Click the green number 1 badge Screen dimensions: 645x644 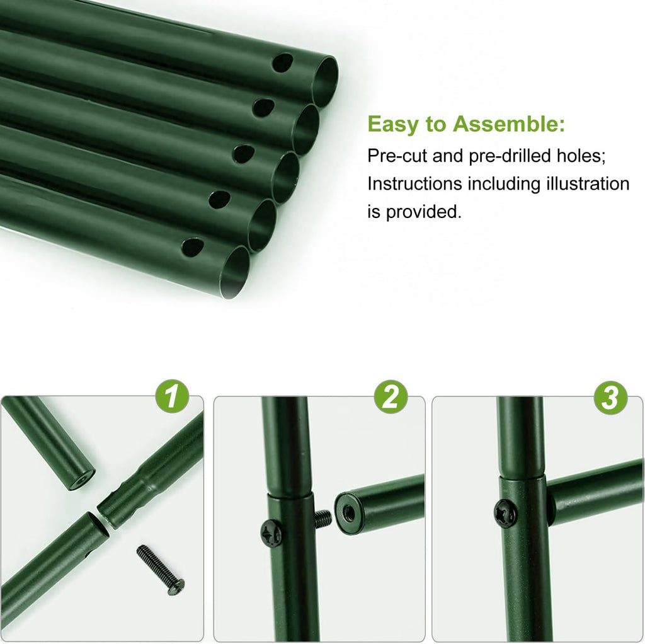[172, 397]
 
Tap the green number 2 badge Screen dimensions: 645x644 [391, 397]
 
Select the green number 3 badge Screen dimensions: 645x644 [610, 398]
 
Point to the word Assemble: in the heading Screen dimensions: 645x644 [509, 124]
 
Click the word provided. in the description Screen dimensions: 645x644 [423, 212]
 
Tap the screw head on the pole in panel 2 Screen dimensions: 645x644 [271, 534]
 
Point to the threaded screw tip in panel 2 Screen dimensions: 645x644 [323, 519]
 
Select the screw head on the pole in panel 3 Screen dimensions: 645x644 [505, 513]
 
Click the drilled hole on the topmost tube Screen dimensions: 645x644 [283, 62]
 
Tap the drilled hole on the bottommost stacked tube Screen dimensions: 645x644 [193, 246]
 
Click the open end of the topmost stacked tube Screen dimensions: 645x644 [324, 81]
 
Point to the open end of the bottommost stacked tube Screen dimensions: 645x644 [234, 272]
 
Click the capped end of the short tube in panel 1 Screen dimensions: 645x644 [81, 480]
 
